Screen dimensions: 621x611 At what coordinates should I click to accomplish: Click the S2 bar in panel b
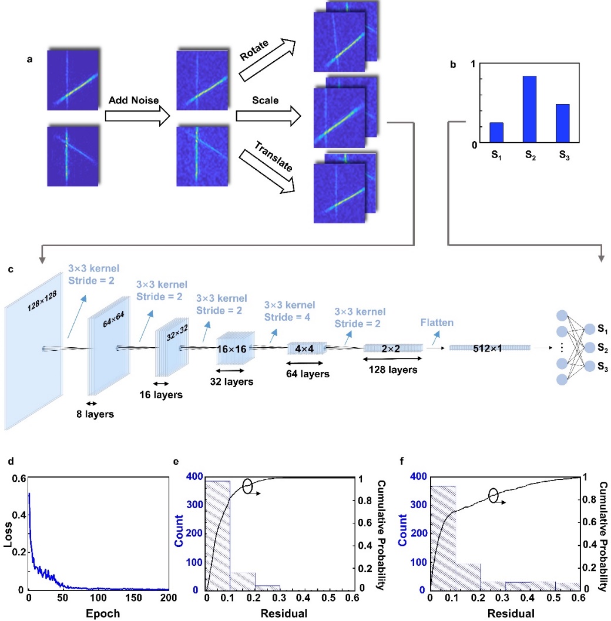[529, 109]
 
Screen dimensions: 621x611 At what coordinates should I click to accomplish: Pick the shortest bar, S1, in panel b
[496, 132]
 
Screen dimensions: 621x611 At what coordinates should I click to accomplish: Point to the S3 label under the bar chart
[562, 157]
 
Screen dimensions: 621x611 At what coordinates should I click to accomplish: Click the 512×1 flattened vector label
[490, 348]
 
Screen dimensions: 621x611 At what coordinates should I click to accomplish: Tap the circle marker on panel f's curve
[495, 495]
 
